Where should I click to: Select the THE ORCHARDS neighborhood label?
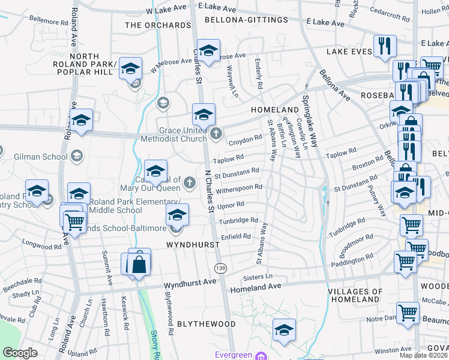coord(157,25)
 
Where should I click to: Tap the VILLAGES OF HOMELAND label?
coord(355,295)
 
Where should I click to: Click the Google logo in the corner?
coord(20,353)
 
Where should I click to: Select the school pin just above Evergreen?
coord(285,329)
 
